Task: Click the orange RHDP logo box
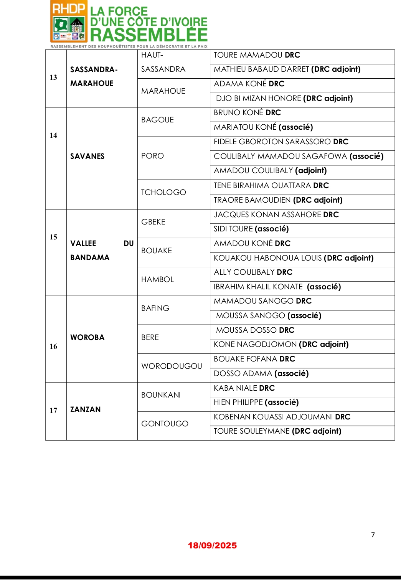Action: coord(69,21)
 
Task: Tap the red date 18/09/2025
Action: coord(212,545)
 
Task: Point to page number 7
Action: coord(373,535)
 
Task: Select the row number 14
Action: coord(53,135)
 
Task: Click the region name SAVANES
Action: coord(87,156)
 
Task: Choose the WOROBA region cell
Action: coord(87,337)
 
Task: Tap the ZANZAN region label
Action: coord(86,409)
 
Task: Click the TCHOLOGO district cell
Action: coord(163,192)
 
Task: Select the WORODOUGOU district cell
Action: coord(172,366)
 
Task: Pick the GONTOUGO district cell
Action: coord(165,424)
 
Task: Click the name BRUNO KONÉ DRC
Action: coord(248,112)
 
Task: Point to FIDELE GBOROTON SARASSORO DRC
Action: coord(281,142)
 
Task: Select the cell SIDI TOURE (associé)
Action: coord(251,229)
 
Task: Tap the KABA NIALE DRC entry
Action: coord(244,388)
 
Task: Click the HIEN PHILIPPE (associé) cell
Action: coord(256,402)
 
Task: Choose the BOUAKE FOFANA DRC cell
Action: coord(254,359)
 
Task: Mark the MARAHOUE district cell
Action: coord(163,91)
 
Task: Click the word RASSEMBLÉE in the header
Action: coord(149,35)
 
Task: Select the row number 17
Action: coord(53,410)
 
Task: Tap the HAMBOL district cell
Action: coord(158,279)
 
